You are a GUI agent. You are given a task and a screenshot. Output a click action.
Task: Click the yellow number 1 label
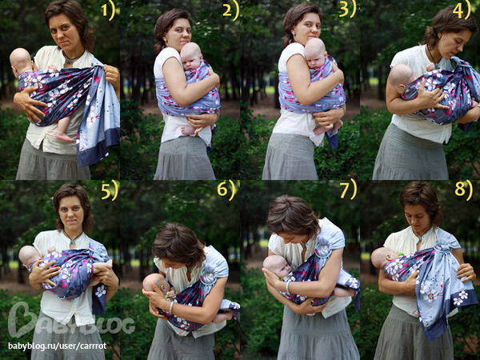108,10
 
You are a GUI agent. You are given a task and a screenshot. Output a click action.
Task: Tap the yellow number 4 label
462,10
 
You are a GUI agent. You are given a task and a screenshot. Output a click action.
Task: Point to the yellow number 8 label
463,190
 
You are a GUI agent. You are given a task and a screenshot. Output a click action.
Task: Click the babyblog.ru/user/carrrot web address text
58,346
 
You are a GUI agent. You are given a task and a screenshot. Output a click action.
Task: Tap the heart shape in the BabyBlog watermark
22,319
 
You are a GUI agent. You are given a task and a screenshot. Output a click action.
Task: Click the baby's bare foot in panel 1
65,137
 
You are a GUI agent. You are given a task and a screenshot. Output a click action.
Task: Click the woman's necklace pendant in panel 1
70,62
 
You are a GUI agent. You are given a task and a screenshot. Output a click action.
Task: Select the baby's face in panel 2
190,62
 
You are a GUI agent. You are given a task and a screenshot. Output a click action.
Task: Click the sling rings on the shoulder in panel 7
323,249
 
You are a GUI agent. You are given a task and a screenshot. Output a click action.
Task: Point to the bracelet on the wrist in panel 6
171,308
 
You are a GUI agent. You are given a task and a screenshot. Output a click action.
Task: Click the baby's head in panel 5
30,256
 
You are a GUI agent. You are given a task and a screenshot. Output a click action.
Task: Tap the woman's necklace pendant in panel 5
72,242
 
